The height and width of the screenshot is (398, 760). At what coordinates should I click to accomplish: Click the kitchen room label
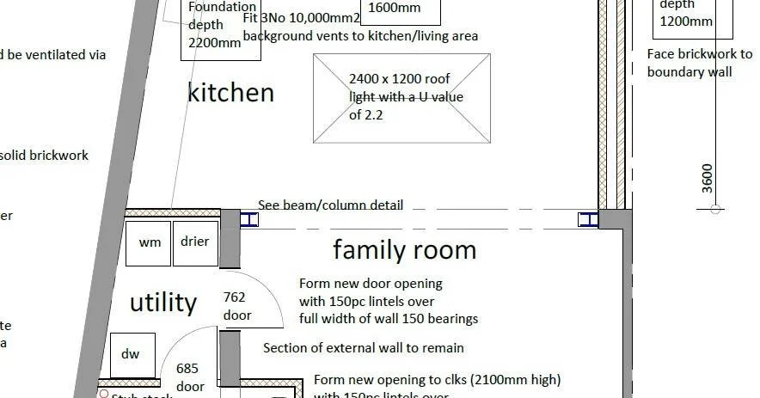pos(230,93)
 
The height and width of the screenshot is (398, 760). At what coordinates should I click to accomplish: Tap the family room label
pos(404,250)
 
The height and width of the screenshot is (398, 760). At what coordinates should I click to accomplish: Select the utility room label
pos(163,303)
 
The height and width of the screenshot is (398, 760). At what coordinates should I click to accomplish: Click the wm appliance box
pos(149,242)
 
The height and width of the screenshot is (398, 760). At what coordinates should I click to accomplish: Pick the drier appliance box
pos(195,242)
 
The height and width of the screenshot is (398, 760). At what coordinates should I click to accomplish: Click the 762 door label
pos(236,306)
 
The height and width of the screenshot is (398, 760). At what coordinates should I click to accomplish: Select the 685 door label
pos(189,377)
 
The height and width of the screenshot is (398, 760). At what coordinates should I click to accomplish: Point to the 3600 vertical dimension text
pos(708,177)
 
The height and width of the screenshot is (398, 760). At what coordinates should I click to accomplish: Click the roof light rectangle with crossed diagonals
pos(401,98)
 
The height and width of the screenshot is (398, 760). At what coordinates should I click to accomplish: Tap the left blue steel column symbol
pos(248,220)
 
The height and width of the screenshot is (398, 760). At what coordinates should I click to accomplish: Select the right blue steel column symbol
pos(588,220)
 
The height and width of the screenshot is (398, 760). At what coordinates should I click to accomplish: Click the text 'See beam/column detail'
pos(330,205)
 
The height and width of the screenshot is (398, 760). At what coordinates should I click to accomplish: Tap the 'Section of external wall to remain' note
pos(364,348)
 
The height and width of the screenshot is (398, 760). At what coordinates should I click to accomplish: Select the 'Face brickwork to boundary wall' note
pos(699,64)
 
